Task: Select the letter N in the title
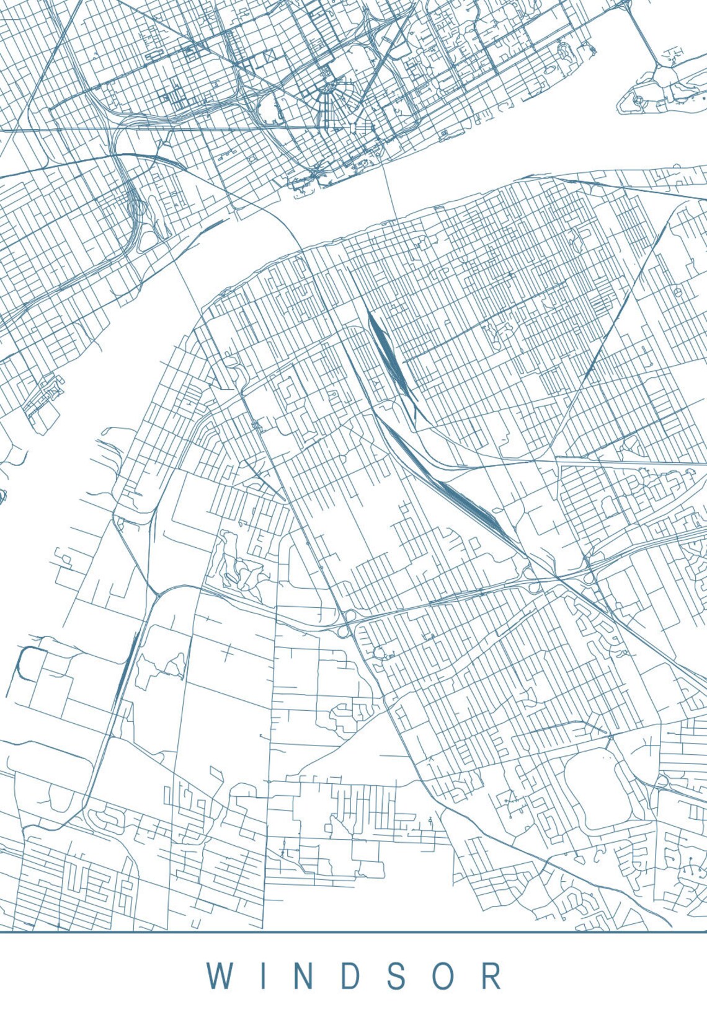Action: [x=303, y=976]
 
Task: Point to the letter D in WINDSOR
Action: [x=350, y=976]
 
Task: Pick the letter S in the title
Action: [x=398, y=976]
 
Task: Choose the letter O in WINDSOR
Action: [x=443, y=976]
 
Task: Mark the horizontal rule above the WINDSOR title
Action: [x=353, y=931]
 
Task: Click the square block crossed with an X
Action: [x=269, y=57]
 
